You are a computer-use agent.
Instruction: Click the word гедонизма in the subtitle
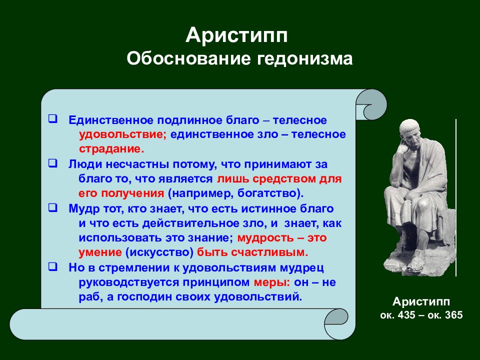pyautogui.click(x=304, y=58)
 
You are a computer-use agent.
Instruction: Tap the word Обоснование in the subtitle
pyautogui.click(x=189, y=58)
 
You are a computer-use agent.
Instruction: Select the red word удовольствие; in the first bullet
pyautogui.click(x=122, y=135)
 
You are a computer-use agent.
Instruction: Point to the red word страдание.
pyautogui.click(x=111, y=149)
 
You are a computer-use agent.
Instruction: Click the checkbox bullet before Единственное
pyautogui.click(x=52, y=119)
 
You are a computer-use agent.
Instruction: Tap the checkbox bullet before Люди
pyautogui.click(x=52, y=163)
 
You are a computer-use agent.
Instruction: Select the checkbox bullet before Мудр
pyautogui.click(x=52, y=208)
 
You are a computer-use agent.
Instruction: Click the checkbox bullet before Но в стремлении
pyautogui.click(x=52, y=266)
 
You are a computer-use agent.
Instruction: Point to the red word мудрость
pyautogui.click(x=265, y=238)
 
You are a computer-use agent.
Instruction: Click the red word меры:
pyautogui.click(x=272, y=282)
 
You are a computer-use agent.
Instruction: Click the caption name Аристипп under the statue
pyautogui.click(x=421, y=302)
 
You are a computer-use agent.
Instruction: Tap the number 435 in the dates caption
pyautogui.click(x=406, y=315)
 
